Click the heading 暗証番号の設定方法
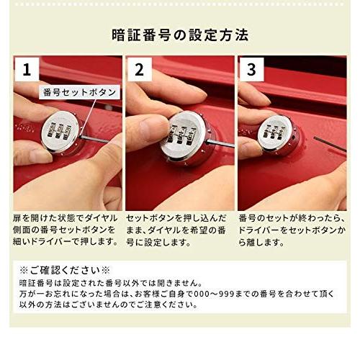point(180,35)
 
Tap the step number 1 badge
point(27,70)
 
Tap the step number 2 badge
point(140,70)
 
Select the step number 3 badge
point(251,70)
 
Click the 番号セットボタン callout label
point(79,92)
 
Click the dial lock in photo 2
point(184,139)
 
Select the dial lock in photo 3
point(279,135)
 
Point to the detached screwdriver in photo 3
point(330,144)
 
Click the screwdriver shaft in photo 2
point(220,143)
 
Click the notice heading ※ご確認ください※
point(64,271)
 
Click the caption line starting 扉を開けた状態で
point(66,218)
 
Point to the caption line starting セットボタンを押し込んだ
point(176,218)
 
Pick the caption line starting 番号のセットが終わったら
point(292,218)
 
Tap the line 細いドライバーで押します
point(66,242)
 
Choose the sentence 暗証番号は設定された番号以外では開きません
point(111,283)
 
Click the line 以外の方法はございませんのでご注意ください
point(109,305)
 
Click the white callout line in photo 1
point(88,117)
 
